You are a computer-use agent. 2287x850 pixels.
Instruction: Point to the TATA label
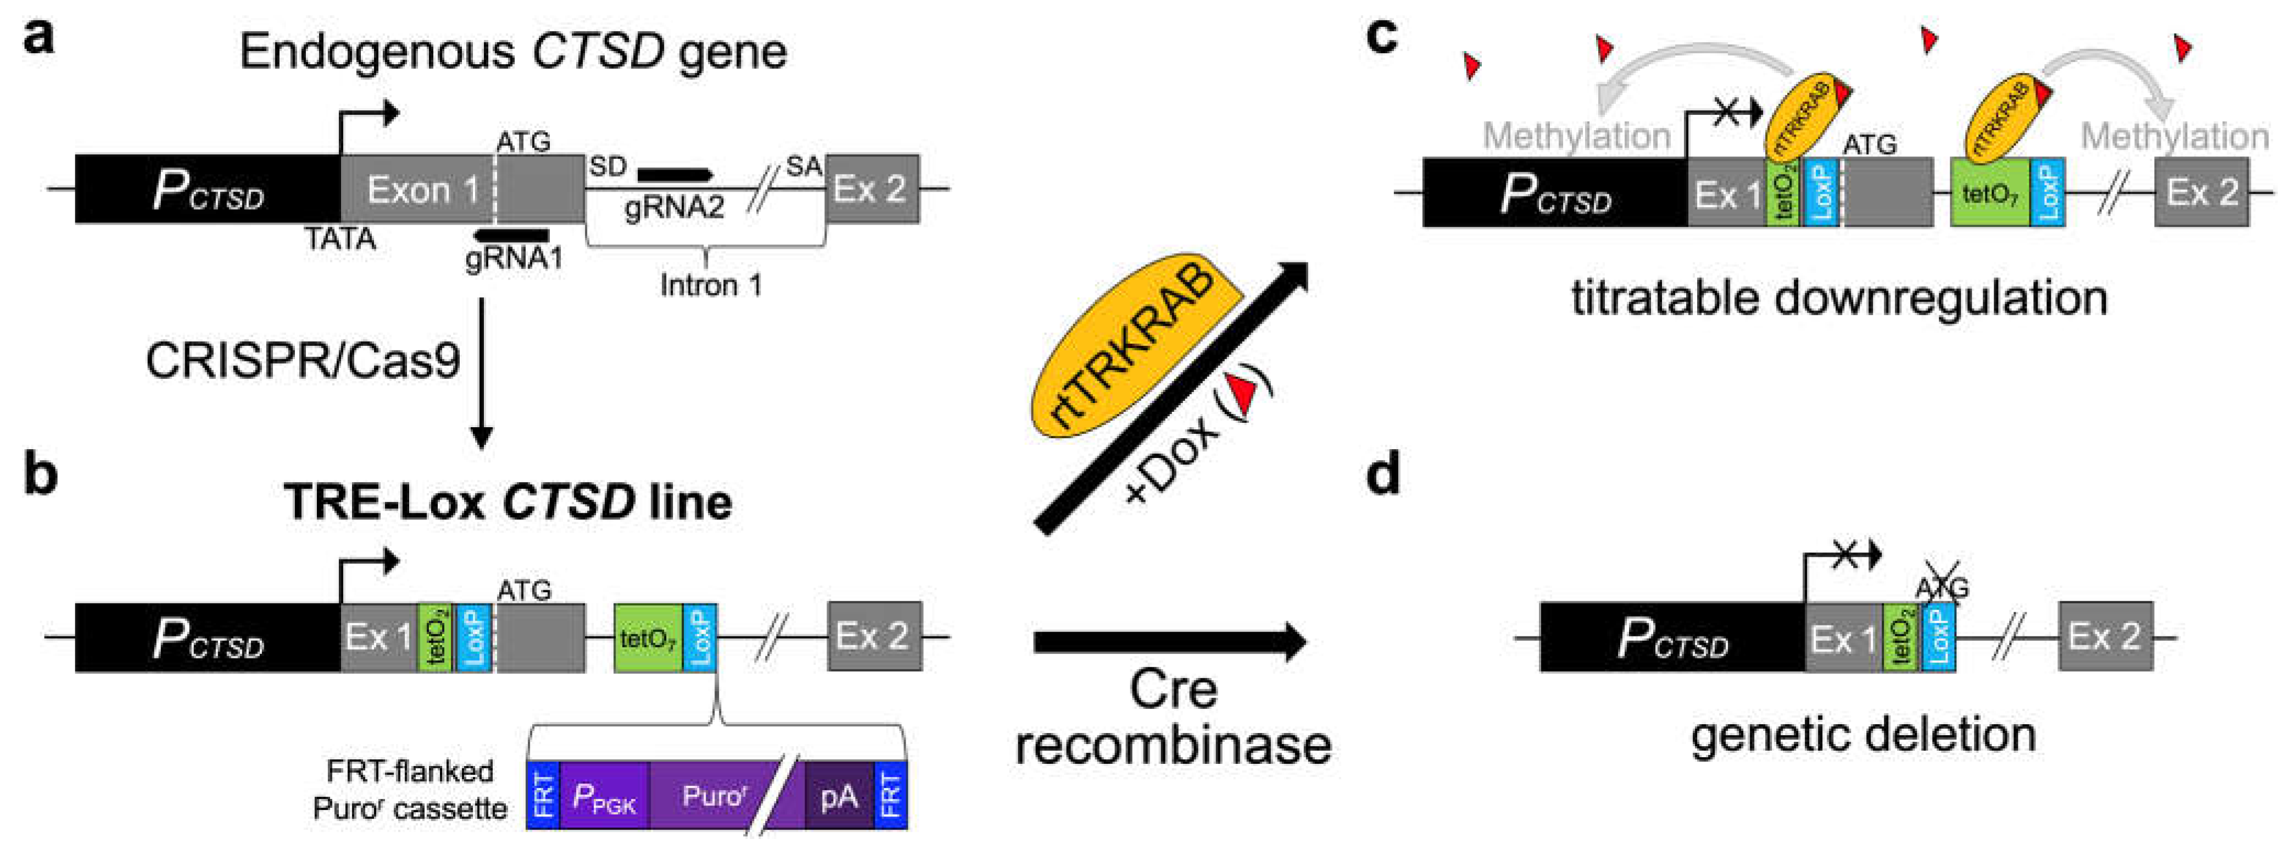click(340, 239)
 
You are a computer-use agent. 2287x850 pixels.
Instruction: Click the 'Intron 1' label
click(710, 285)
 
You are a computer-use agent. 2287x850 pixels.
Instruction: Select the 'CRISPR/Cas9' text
click(303, 362)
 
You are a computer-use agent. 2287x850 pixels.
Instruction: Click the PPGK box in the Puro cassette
click(604, 796)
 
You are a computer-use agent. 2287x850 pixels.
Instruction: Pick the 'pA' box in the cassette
click(839, 796)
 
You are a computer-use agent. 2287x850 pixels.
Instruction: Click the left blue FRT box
click(543, 796)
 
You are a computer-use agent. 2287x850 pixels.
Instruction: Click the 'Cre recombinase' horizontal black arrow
click(1169, 641)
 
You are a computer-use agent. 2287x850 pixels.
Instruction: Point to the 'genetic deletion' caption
click(1862, 735)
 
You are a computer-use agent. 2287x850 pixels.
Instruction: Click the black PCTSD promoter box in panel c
click(1554, 193)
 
